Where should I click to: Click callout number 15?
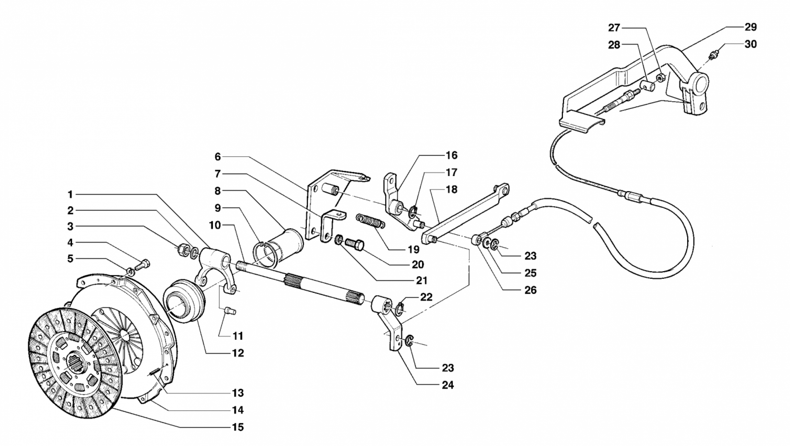coord(237,427)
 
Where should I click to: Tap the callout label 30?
coord(750,44)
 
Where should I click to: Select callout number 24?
coord(447,385)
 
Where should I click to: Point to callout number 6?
coord(217,157)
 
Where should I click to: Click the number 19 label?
coord(414,249)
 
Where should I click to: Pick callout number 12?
coord(238,353)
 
